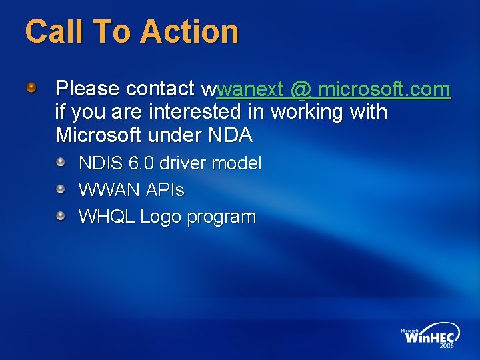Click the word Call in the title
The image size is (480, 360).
[x=51, y=32]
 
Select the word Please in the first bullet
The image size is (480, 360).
[x=87, y=89]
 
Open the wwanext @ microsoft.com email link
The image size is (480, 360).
[x=333, y=89]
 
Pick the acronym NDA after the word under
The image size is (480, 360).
[x=230, y=135]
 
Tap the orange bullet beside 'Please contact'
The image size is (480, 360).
[x=31, y=88]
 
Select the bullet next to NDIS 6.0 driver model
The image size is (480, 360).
[x=61, y=162]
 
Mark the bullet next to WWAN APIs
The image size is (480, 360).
[x=61, y=189]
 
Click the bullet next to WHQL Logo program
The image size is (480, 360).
[x=61, y=216]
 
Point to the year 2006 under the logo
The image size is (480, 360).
[x=445, y=346]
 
